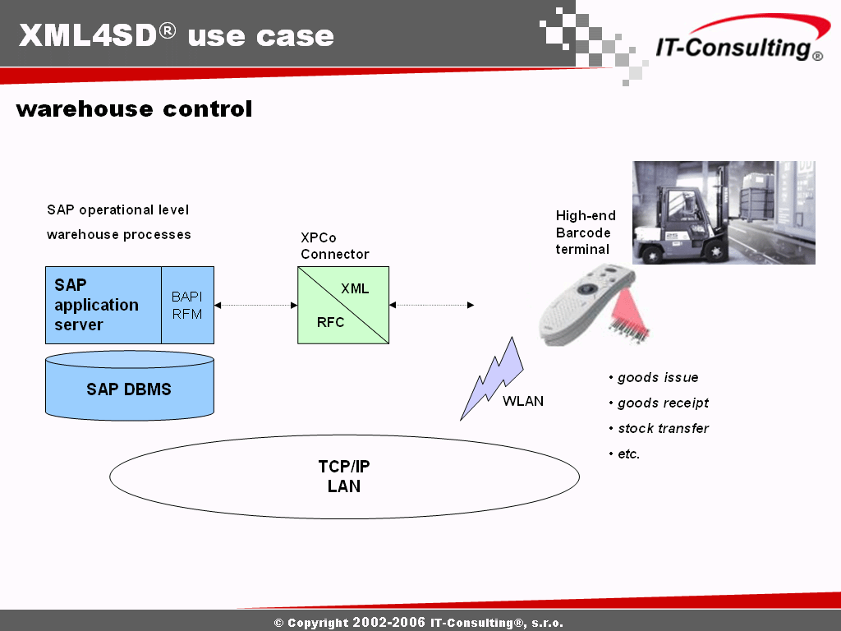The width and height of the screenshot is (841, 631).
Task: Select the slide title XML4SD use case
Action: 177,35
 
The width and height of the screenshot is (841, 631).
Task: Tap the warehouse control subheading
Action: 134,109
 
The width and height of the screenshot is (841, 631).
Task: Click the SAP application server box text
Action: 97,305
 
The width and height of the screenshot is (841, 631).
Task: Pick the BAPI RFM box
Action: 187,306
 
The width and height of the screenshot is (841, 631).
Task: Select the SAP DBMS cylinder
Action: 130,385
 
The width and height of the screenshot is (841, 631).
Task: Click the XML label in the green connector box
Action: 355,288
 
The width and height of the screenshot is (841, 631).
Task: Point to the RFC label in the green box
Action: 330,322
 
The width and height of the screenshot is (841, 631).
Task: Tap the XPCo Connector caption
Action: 335,246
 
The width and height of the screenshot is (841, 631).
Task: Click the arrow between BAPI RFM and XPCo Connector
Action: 256,306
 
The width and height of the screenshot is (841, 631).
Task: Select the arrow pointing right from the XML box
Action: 432,306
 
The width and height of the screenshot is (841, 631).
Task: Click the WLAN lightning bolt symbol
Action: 491,378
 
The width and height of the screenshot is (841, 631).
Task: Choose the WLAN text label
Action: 523,401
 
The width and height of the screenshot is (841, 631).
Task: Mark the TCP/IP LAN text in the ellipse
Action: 344,476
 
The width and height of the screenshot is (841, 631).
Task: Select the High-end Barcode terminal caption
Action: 585,233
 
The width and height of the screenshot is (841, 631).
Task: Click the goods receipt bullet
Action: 659,403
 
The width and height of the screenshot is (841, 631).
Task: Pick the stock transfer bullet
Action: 659,428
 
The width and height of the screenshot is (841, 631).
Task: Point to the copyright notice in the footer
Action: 419,623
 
